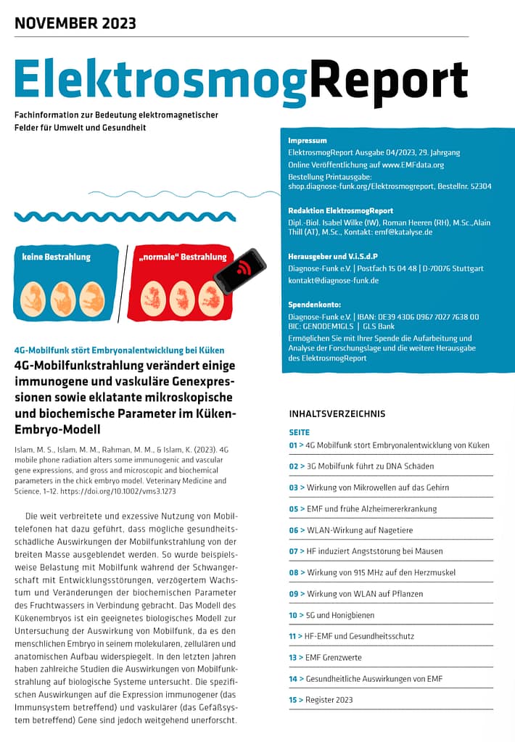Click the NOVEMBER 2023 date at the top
(75, 23)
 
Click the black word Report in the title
(388, 78)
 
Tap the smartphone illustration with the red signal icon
(239, 271)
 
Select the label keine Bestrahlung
(62, 257)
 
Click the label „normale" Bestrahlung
(182, 257)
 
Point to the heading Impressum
(308, 141)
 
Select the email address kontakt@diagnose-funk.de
(333, 281)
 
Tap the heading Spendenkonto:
(314, 305)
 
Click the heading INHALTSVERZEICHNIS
(337, 414)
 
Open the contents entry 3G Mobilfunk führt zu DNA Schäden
(369, 466)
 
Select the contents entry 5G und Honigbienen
(340, 615)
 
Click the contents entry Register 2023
(329, 700)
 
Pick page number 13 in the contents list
(293, 658)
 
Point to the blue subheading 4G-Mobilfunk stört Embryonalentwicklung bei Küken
(119, 350)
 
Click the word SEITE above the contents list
(299, 432)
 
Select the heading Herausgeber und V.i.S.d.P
(332, 256)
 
